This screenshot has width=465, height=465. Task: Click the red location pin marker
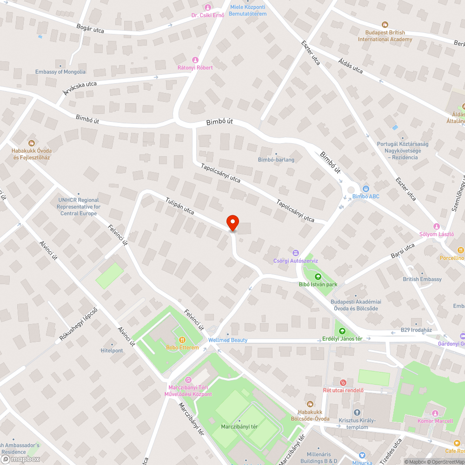tap(232, 223)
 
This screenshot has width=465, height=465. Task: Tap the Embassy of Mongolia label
tap(60, 72)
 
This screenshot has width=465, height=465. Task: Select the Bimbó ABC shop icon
tap(366, 189)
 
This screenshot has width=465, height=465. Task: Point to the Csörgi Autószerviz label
tap(296, 261)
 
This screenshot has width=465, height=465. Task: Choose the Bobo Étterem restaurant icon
tap(182, 340)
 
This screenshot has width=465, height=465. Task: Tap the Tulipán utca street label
tap(179, 205)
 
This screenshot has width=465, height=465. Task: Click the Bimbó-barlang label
tap(276, 160)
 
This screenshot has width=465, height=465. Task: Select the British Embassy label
tap(422, 279)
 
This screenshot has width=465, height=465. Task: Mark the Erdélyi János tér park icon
tap(342, 331)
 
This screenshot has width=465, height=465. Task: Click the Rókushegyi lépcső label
tap(78, 325)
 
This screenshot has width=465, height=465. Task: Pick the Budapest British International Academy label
tap(385, 36)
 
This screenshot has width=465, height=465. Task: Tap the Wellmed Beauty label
tap(228, 340)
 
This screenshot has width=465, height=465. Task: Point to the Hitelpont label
tap(112, 351)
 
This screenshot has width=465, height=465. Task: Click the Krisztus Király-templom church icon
tap(357, 412)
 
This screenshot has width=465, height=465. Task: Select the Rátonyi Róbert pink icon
tap(195, 60)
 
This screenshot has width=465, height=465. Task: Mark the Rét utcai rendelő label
tap(343, 390)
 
